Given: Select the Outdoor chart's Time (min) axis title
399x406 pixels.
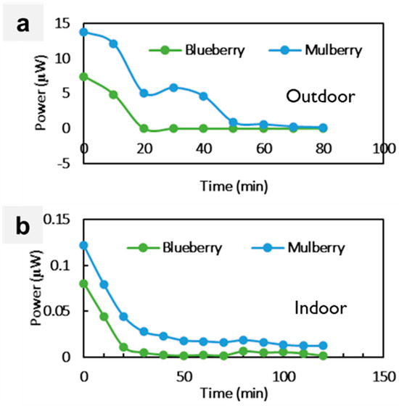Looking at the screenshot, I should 233,186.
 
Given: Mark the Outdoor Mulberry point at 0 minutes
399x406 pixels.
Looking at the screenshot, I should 84,32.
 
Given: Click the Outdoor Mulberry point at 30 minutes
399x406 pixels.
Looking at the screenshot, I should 173,88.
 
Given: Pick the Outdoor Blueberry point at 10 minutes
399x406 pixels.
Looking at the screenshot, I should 114,94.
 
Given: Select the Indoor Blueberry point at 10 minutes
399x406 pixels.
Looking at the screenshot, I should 104,317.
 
